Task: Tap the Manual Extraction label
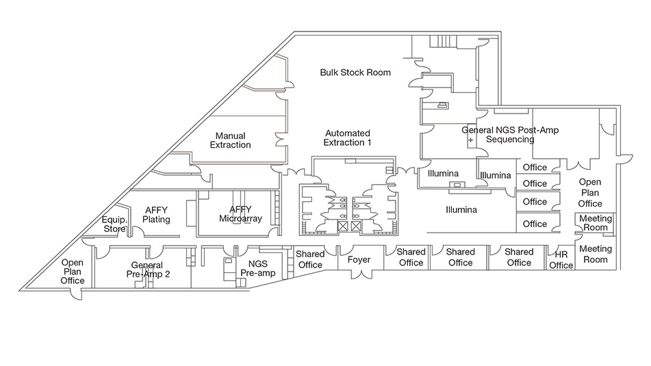pyautogui.click(x=230, y=140)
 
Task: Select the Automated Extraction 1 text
pyautogui.click(x=348, y=138)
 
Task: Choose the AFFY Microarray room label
pyautogui.click(x=240, y=214)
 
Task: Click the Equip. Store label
pyautogui.click(x=114, y=224)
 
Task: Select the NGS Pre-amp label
pyautogui.click(x=253, y=267)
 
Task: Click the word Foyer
pyautogui.click(x=359, y=260)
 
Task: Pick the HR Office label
pyautogui.click(x=561, y=260)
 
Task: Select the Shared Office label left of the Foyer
pyautogui.click(x=310, y=260)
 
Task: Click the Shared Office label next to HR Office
pyautogui.click(x=519, y=257)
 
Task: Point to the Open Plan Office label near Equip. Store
pyautogui.click(x=72, y=272)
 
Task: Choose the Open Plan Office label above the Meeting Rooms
pyautogui.click(x=590, y=193)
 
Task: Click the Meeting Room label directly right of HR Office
pyautogui.click(x=595, y=254)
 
